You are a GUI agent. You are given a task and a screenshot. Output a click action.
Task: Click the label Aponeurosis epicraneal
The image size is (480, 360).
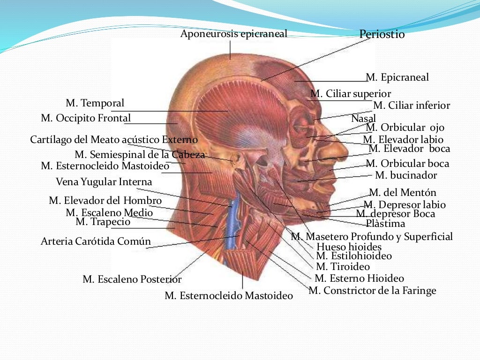233,34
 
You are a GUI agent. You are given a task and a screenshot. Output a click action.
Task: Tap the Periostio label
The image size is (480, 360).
382,34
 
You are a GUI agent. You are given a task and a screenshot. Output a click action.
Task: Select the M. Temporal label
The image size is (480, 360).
95,103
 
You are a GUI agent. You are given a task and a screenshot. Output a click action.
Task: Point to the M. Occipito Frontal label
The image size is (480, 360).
86,118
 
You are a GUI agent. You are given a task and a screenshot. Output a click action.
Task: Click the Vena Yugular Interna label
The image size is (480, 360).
104,181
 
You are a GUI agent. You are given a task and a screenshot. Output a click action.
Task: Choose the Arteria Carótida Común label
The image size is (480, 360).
96,241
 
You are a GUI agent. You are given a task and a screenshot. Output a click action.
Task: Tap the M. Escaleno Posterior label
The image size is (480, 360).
132,279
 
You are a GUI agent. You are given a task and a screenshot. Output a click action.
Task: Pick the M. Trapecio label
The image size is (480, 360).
103,222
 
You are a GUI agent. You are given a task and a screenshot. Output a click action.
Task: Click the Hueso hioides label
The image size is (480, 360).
349,247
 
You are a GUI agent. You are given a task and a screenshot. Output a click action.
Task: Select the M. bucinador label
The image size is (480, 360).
406,175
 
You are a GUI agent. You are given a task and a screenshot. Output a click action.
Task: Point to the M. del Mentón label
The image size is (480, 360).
402,193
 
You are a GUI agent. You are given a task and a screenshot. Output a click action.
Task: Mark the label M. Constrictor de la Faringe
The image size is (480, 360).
372,291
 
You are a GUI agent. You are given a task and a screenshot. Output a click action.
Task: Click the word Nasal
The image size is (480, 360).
363,119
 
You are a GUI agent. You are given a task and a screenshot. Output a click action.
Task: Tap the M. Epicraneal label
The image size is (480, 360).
397,77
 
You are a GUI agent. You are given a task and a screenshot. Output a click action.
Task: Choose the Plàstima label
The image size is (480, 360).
385,223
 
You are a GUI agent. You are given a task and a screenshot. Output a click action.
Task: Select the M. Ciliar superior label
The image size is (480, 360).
351,94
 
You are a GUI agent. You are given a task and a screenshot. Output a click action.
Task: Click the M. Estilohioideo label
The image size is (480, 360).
353,256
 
